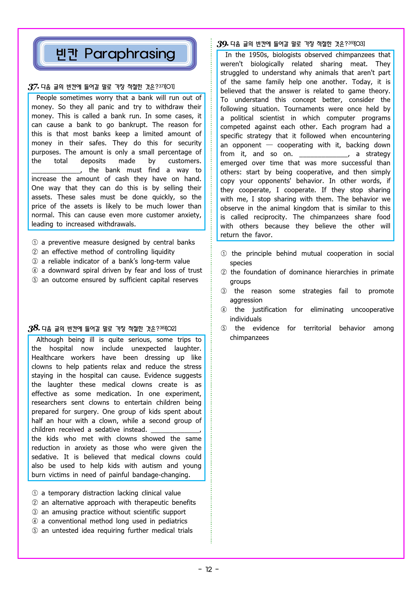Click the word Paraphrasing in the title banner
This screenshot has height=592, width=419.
click(x=130, y=54)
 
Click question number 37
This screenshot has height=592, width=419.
click(x=33, y=87)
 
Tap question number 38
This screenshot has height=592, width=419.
click(x=34, y=328)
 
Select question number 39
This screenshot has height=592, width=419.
click(x=222, y=44)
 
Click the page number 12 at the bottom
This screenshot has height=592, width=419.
click(x=209, y=569)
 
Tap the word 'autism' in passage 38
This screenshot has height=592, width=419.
click(x=152, y=466)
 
